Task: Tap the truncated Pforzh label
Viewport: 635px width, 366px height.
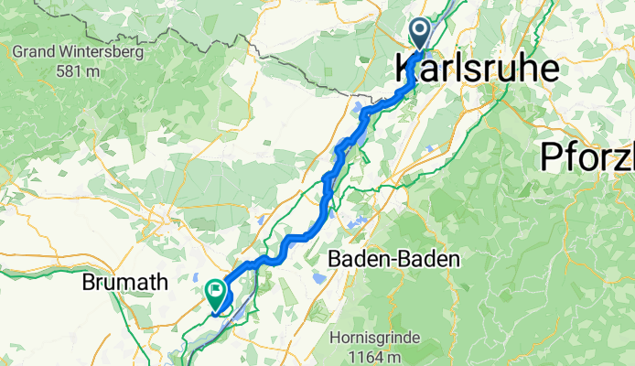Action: point(587,156)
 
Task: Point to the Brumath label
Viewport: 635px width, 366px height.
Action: point(124,283)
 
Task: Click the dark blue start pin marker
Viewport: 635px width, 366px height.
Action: point(420,34)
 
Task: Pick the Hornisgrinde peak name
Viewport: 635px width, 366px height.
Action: point(376,338)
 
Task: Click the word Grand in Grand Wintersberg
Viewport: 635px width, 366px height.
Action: point(34,51)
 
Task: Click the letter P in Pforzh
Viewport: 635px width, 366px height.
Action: point(550,156)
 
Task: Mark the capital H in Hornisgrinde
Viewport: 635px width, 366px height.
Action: point(338,338)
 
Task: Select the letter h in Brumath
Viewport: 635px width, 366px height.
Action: point(162,283)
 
